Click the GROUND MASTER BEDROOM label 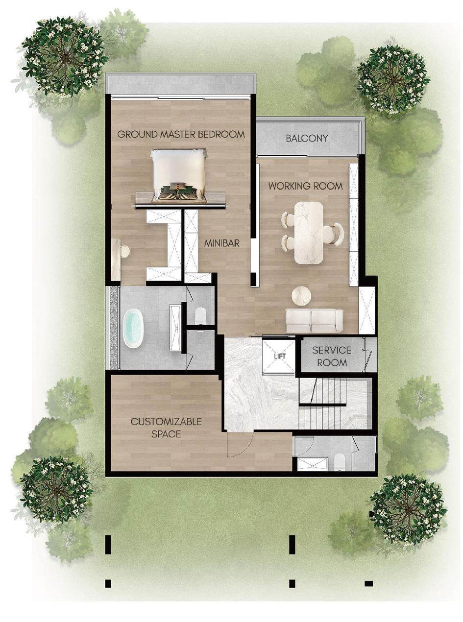(x=181, y=134)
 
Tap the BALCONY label (x=307, y=138)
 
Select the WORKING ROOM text (x=306, y=186)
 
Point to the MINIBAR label (x=221, y=243)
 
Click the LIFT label (x=280, y=357)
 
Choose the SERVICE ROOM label (x=332, y=356)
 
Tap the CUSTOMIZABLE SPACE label (x=166, y=428)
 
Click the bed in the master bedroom (x=179, y=176)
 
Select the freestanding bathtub (x=133, y=329)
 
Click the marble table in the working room (x=308, y=233)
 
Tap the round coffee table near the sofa (x=301, y=295)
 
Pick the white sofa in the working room (x=314, y=320)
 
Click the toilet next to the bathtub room (x=200, y=315)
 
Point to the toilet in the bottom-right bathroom (x=339, y=462)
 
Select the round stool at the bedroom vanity (x=124, y=251)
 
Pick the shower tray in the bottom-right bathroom (x=312, y=464)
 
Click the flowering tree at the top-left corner (x=65, y=57)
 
